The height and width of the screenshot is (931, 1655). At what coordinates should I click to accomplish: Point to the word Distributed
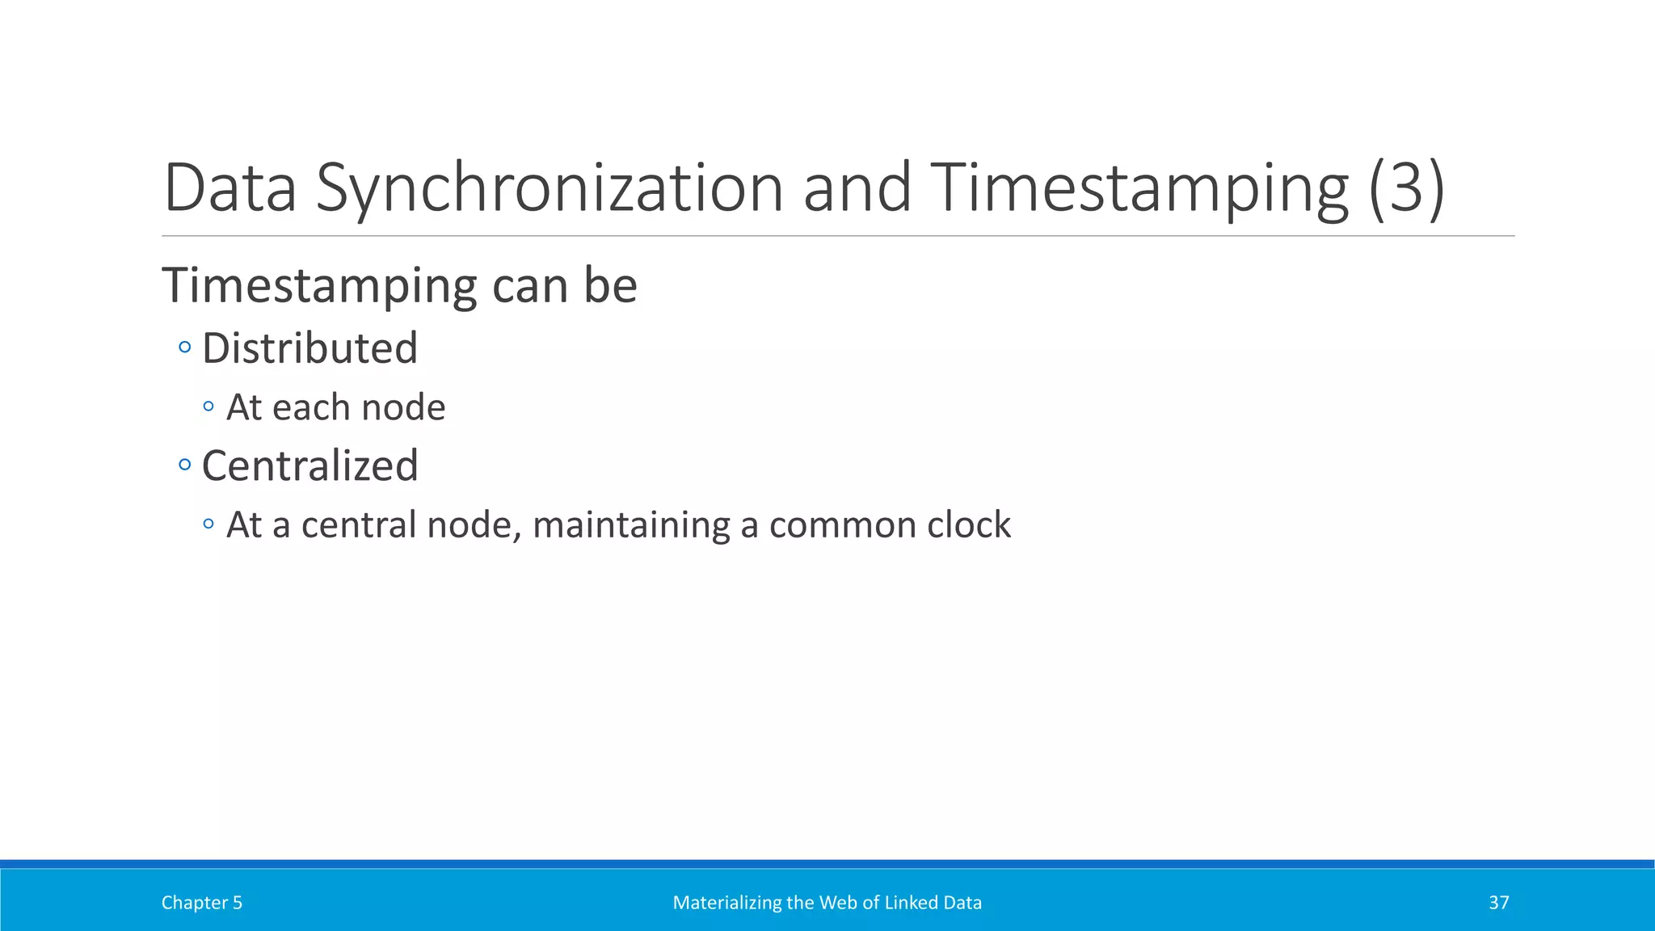[310, 348]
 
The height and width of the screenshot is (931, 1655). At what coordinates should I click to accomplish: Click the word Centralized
[310, 465]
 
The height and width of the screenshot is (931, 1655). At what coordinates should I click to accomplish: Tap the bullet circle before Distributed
[185, 348]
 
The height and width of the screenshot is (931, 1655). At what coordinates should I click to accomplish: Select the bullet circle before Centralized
[185, 465]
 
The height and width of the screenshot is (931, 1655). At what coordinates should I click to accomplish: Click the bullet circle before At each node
[208, 407]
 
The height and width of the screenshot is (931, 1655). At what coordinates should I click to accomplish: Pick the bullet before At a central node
[208, 524]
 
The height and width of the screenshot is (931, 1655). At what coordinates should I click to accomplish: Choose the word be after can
[610, 286]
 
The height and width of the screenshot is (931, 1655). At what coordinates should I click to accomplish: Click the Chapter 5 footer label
[202, 903]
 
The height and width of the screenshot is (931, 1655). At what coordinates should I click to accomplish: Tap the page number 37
[1498, 903]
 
